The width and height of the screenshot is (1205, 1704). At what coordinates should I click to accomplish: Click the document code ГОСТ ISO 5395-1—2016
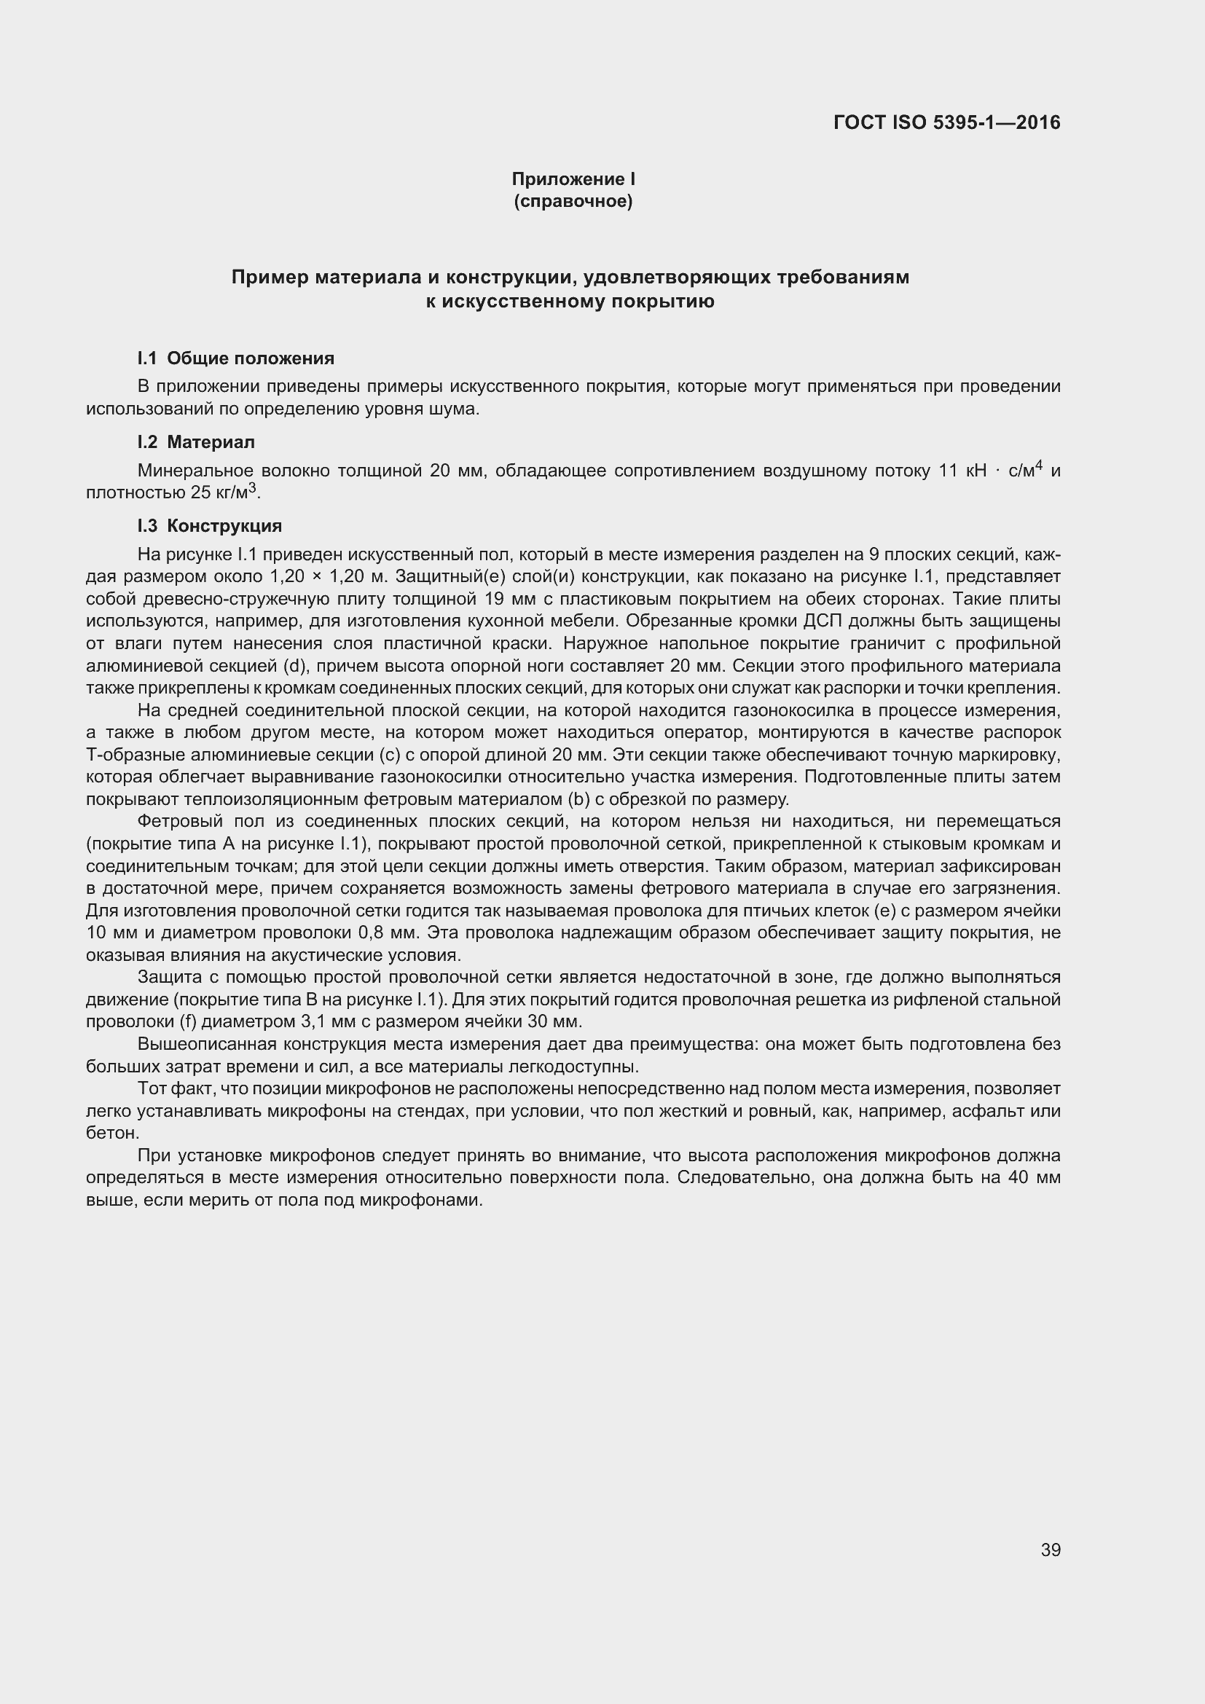point(947,122)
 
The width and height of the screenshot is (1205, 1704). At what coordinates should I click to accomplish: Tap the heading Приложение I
point(573,179)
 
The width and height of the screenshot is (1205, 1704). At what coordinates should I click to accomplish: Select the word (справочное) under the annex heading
point(573,202)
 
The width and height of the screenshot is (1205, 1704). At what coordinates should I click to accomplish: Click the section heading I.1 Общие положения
point(236,358)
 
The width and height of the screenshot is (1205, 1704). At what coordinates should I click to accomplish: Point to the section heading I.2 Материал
point(196,442)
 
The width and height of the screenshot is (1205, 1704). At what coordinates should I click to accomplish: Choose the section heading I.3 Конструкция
point(210,526)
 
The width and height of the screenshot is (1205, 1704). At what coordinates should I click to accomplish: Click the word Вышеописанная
point(205,1044)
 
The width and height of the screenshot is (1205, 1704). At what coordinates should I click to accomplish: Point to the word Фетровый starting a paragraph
point(175,822)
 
